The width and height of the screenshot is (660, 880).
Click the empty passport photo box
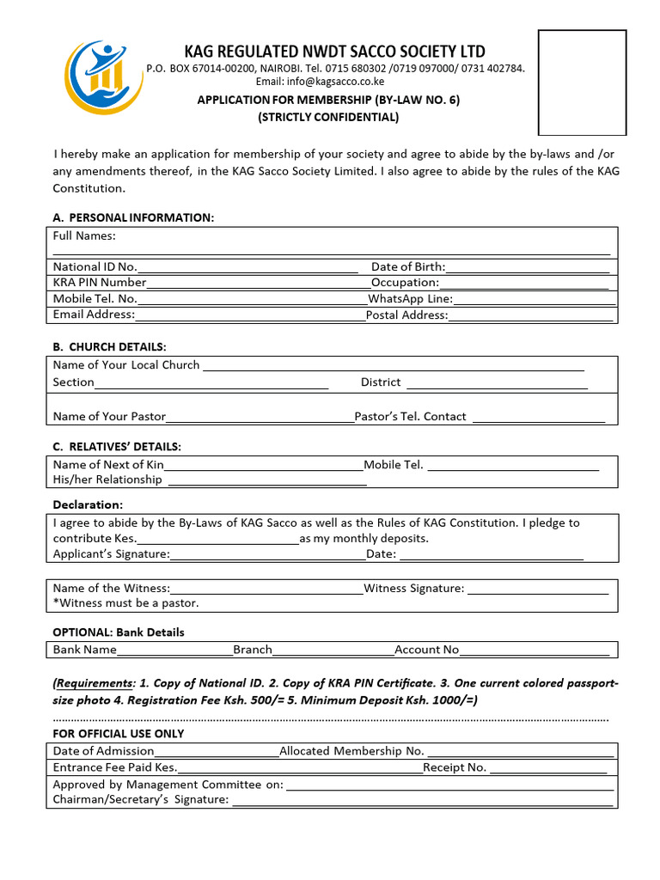582,82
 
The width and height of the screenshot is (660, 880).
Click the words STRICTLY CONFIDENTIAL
328,117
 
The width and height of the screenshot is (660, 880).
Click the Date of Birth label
408,267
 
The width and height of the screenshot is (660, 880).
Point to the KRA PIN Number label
100,283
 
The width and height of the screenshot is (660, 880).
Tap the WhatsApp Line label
410,299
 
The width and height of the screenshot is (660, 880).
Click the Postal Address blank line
530,316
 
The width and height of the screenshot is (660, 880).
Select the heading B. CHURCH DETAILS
109,347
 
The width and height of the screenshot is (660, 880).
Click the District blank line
497,383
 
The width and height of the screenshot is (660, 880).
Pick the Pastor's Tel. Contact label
411,417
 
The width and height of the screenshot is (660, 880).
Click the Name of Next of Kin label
108,465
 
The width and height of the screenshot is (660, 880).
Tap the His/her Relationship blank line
266,481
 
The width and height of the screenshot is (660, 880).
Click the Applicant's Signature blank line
268,555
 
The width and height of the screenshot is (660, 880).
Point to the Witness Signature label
414,589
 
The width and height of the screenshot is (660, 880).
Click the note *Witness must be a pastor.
125,603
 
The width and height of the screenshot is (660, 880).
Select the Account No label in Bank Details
427,650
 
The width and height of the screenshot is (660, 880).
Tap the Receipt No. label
455,767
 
